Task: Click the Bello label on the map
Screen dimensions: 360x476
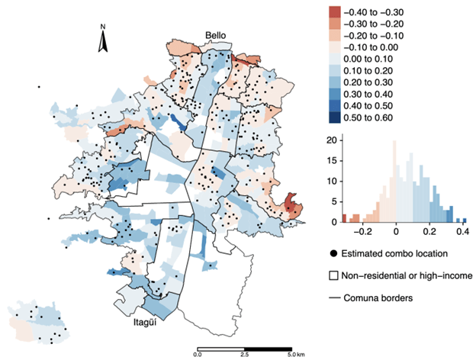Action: click(216, 36)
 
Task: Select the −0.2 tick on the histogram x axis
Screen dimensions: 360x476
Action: click(365, 230)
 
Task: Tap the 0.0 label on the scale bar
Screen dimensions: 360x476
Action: click(198, 355)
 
